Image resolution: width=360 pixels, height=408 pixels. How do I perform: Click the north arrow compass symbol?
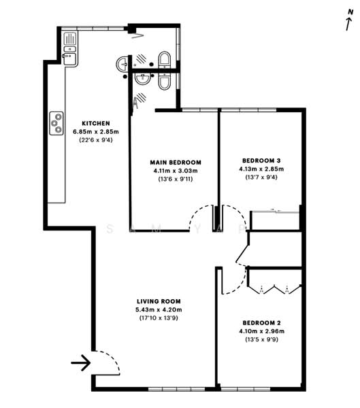(348, 22)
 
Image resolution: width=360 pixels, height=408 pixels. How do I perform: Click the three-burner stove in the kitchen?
(56, 124)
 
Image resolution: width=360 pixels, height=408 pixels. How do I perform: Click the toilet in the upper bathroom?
(164, 59)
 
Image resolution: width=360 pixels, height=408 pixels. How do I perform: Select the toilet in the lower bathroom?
(165, 82)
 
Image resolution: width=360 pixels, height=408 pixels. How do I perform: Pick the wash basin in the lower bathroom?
(142, 79)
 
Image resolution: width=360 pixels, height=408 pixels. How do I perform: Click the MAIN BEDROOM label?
(174, 162)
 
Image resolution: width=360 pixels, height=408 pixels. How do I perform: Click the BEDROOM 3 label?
(261, 160)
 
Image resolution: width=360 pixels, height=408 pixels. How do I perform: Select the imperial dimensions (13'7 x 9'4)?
(261, 177)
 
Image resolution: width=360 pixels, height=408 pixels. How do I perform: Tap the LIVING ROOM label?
(161, 301)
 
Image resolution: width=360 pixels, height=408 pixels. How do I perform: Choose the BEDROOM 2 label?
(261, 322)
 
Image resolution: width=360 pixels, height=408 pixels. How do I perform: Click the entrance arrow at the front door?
(80, 363)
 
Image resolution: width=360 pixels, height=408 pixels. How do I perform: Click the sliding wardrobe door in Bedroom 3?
(275, 211)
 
